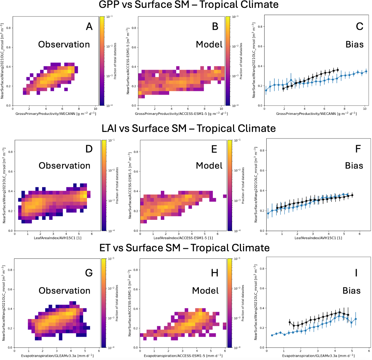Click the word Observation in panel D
[64, 165]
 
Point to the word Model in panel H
[205, 291]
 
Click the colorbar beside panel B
[228, 61]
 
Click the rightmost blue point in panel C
[366, 71]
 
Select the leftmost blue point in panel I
[272, 335]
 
